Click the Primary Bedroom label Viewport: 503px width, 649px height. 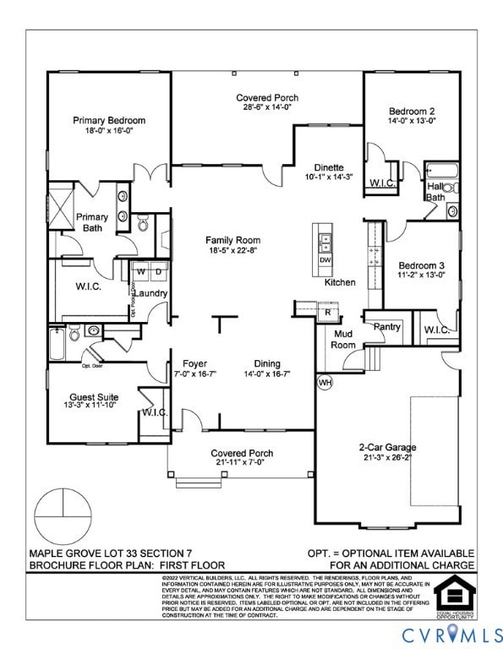109,121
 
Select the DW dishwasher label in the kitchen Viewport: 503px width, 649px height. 325,259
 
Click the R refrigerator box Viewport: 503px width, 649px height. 327,312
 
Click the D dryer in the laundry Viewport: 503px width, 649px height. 157,271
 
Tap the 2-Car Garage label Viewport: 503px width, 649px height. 389,447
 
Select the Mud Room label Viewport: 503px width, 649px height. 342,339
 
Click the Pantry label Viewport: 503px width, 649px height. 387,326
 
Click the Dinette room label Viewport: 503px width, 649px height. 329,167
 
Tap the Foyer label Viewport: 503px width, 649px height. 183,363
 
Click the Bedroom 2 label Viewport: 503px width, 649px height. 412,111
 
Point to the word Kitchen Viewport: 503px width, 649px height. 341,282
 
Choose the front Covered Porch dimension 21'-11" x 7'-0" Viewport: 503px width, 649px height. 242,463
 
